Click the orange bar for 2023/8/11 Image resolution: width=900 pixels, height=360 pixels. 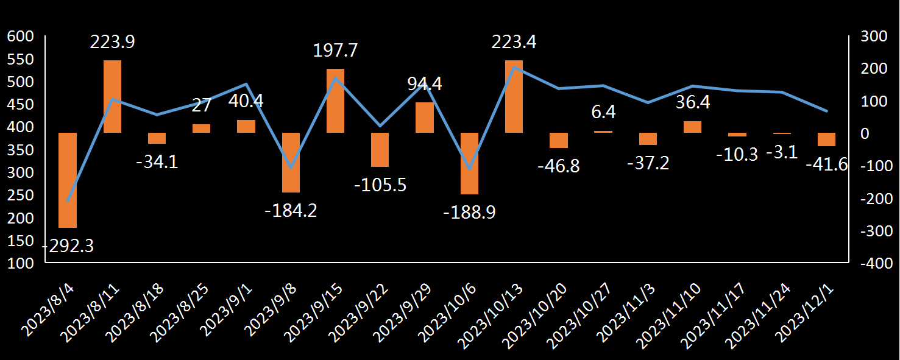pos(112,96)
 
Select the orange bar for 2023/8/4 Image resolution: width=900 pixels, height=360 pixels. pos(68,180)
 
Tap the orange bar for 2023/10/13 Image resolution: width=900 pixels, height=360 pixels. pos(514,96)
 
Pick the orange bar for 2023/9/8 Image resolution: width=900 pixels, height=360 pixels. pos(291,163)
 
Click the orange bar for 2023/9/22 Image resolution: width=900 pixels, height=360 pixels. pos(380,150)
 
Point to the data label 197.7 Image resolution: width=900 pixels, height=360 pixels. pos(335,50)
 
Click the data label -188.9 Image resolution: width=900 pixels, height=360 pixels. pos(469,212)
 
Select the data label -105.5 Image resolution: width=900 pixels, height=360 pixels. pos(380,184)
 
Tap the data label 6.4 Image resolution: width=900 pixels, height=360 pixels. pos(603,112)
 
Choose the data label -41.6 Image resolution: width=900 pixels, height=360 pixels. pos(827,164)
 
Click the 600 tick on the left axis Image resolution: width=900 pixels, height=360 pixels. pos(19,37)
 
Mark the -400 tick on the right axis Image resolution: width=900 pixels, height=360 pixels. pos(876,264)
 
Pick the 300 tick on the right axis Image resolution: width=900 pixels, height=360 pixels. pos(874,37)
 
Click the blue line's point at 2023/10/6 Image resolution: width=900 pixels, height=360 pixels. pos(469,169)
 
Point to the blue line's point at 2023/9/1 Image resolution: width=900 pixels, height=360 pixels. pos(246,84)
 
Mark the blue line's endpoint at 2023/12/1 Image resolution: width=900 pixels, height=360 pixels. pos(826,111)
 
